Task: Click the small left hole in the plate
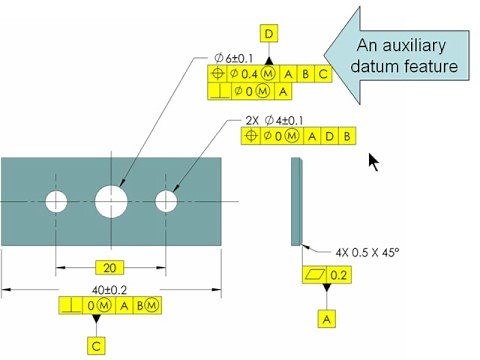click(54, 201)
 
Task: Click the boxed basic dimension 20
click(112, 268)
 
